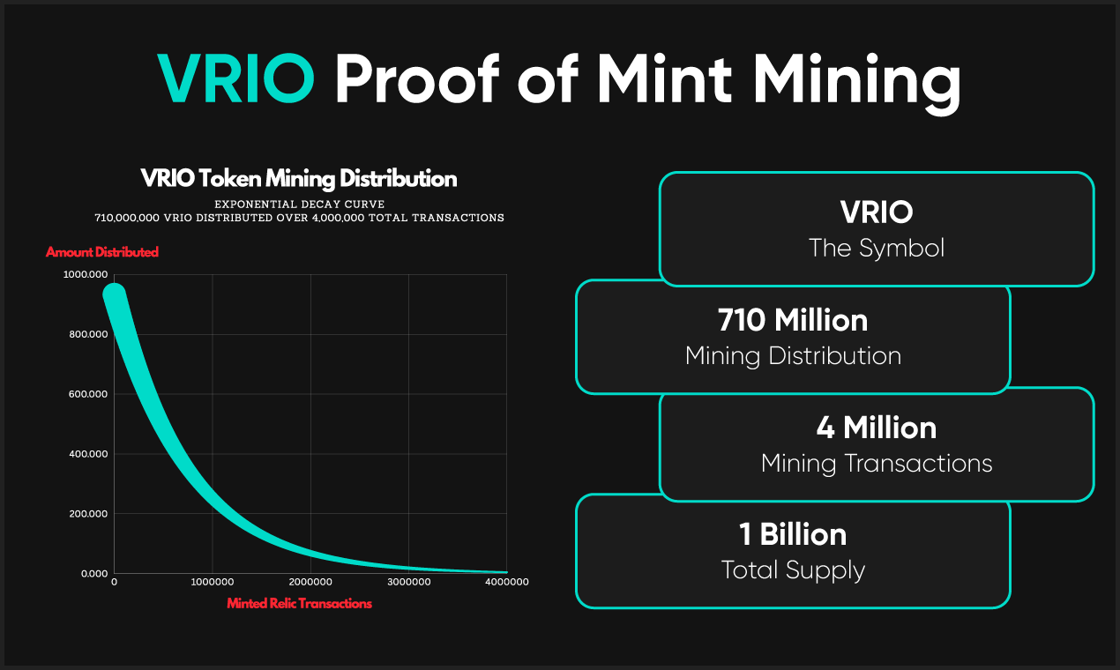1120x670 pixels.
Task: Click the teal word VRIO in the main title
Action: click(x=235, y=78)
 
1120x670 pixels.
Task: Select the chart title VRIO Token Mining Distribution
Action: click(x=299, y=180)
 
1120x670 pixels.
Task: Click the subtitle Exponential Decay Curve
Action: click(x=299, y=204)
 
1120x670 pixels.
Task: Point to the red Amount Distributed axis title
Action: click(x=102, y=252)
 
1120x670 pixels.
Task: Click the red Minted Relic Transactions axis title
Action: click(x=299, y=604)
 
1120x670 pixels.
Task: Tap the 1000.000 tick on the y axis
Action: click(x=86, y=275)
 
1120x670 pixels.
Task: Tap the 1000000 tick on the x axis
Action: click(x=213, y=582)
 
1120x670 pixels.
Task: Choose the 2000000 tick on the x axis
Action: click(x=310, y=582)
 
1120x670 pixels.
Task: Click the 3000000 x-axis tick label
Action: click(x=409, y=582)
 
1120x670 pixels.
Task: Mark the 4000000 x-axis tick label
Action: click(x=507, y=582)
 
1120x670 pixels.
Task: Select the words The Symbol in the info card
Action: click(x=877, y=248)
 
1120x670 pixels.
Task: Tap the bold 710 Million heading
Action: click(x=793, y=320)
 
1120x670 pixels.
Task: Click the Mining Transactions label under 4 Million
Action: click(x=877, y=463)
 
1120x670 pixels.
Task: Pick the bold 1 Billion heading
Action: click(x=793, y=534)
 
